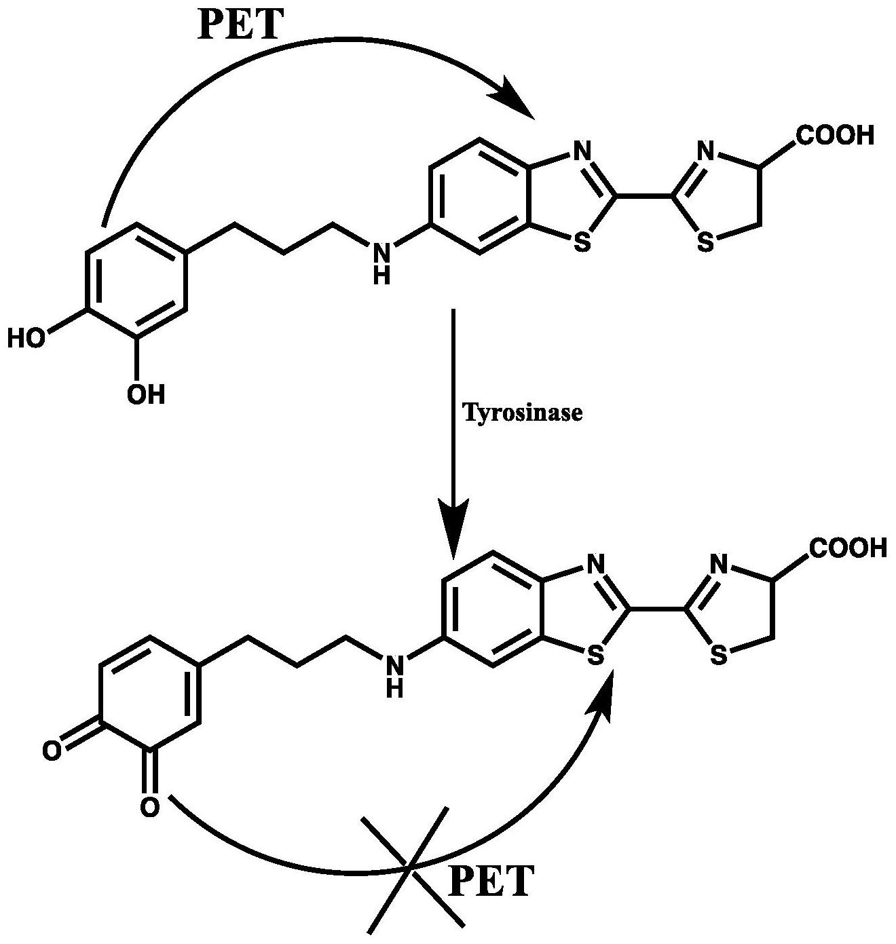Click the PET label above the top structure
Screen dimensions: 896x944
[240, 24]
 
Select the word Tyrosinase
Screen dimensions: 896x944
[522, 413]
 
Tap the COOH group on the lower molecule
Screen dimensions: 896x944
[848, 548]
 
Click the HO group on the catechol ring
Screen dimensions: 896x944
[27, 339]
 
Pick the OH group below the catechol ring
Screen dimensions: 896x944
[146, 394]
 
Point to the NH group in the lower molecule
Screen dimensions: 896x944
[395, 676]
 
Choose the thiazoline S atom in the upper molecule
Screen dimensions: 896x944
[705, 242]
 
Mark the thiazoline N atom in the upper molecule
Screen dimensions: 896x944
[705, 152]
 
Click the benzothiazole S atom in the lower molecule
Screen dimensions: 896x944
[595, 655]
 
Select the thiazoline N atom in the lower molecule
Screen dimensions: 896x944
[719, 565]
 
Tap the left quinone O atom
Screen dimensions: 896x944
[52, 751]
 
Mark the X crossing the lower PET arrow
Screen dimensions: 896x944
[408, 869]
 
